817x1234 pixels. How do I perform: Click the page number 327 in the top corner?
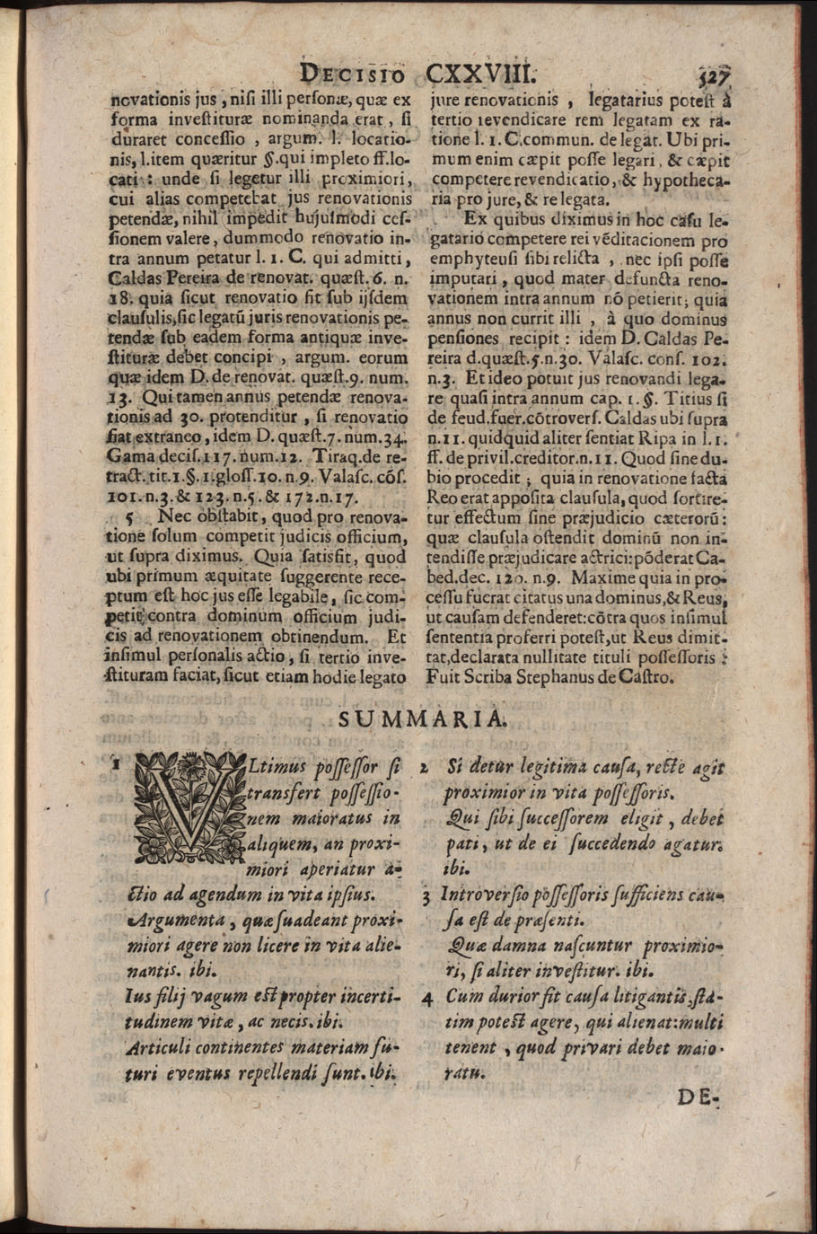pyautogui.click(x=714, y=73)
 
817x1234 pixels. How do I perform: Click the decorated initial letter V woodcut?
pyautogui.click(x=183, y=808)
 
